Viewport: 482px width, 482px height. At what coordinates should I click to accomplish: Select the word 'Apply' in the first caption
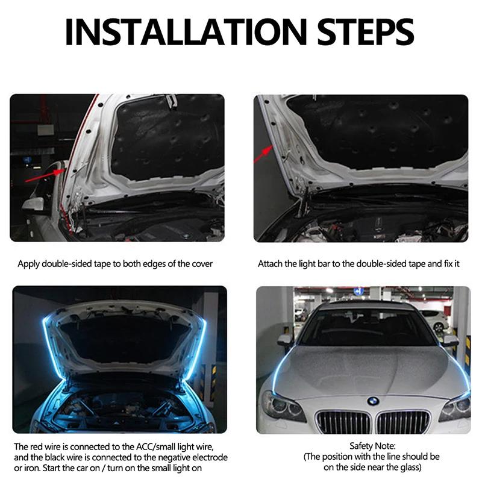28,264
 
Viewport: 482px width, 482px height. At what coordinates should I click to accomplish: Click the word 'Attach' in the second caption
270,264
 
